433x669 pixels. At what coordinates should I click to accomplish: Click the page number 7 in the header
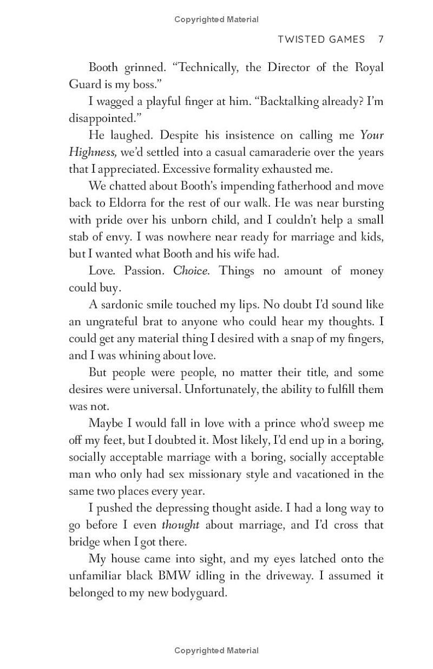point(381,40)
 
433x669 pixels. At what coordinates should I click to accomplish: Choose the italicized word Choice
point(191,271)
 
